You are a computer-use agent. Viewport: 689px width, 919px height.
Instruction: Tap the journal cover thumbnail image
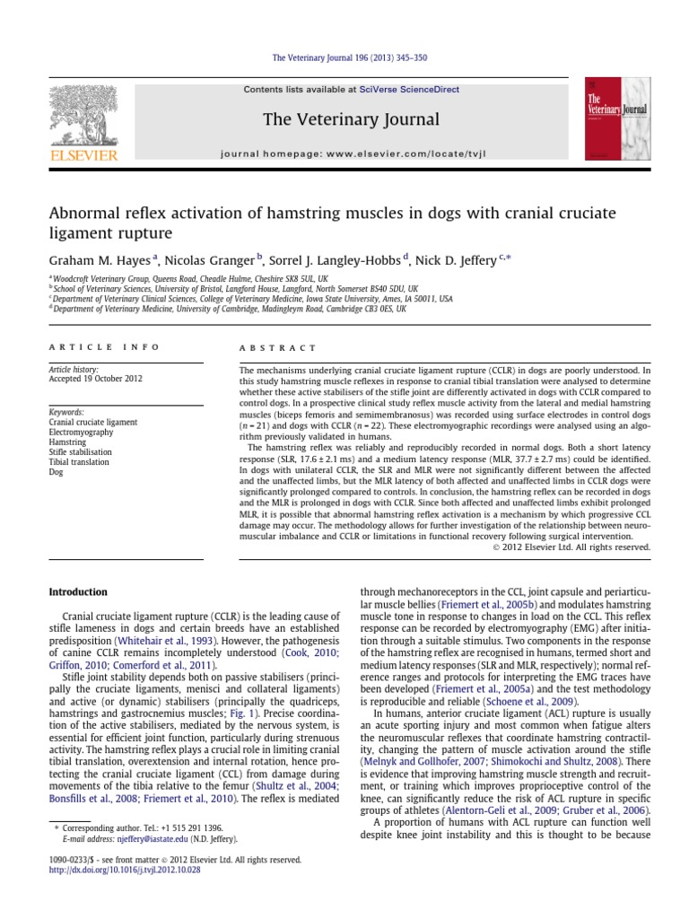point(617,118)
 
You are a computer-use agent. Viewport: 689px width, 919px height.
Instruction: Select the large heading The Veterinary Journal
point(351,119)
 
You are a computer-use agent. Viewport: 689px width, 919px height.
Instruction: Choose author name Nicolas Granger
point(212,260)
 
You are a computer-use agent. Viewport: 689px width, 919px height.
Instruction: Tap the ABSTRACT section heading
point(277,347)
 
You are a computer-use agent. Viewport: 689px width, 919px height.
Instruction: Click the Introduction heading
point(78,592)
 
